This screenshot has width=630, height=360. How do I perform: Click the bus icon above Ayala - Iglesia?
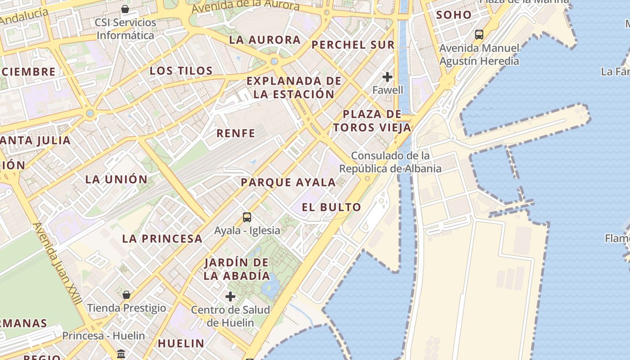[x=247, y=217]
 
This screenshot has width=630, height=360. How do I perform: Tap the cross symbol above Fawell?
[x=387, y=77]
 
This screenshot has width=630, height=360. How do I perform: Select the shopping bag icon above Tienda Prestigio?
[x=126, y=295]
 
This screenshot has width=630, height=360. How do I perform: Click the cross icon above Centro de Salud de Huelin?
[x=230, y=297]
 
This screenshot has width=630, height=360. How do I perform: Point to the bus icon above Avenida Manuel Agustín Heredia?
[x=479, y=34]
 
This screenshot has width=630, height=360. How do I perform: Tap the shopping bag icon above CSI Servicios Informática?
[x=125, y=9]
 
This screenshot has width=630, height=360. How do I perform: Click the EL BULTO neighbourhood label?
[x=332, y=207]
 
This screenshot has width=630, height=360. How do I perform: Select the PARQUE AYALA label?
[x=288, y=182]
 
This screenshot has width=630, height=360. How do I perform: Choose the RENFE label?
[x=236, y=133]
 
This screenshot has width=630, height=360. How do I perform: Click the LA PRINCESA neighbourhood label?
[x=162, y=238]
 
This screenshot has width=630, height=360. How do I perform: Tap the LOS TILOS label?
[x=181, y=71]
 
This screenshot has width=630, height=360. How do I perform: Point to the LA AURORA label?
[x=265, y=40]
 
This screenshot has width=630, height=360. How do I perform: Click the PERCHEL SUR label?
[x=353, y=45]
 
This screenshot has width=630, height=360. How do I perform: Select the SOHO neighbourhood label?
[x=454, y=14]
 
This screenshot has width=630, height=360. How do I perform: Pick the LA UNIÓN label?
[x=117, y=179]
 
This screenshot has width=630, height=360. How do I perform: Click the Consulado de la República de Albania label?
[x=390, y=162]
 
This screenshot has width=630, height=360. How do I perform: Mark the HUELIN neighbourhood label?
[x=181, y=343]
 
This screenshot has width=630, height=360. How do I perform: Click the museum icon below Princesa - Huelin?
[x=121, y=354]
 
